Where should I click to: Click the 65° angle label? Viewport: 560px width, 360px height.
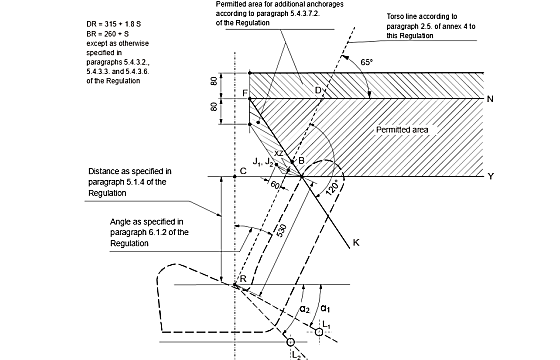[x=366, y=62]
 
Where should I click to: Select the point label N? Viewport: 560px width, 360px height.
[x=490, y=99]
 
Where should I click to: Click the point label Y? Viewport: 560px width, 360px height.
[x=491, y=176]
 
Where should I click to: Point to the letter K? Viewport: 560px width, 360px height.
[x=356, y=243]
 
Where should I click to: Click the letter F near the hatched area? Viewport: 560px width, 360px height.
[x=245, y=93]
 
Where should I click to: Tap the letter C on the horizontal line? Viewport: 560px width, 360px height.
[x=243, y=171]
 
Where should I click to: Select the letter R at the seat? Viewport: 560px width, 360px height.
[x=243, y=279]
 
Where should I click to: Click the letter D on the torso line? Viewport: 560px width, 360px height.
[x=318, y=90]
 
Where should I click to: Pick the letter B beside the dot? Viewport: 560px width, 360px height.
[x=301, y=161]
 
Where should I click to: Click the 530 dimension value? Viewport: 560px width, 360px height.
[x=281, y=230]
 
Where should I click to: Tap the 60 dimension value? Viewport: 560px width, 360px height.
[x=275, y=185]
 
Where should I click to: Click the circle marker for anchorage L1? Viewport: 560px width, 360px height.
[x=319, y=332]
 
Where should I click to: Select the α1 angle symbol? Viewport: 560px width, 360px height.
[x=325, y=308]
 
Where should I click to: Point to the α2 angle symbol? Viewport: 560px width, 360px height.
[x=305, y=309]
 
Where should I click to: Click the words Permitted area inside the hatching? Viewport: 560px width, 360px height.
[x=402, y=130]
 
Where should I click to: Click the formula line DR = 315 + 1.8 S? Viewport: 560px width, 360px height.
[x=114, y=24]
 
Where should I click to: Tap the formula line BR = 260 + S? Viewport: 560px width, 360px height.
[x=108, y=34]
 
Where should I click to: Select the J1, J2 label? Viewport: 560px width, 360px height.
[x=263, y=161]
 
